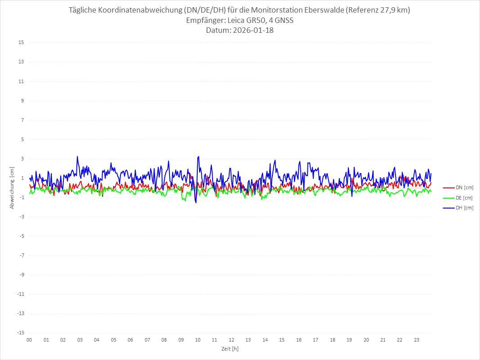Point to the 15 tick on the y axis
coord(21,43)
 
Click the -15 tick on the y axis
coord(20,333)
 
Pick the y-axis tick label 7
coord(22,120)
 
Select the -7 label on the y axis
coord(21,256)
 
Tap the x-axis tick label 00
coord(29,340)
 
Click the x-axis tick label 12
coord(231,340)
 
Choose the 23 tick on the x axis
coord(417,340)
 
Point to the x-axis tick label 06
coord(130,340)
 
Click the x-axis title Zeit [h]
coord(230,349)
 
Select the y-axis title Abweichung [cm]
coord(12,187)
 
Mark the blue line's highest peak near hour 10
coord(198,156)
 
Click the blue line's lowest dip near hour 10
coord(196,203)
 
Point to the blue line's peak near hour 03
coord(77,156)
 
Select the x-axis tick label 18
coord(333,340)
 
